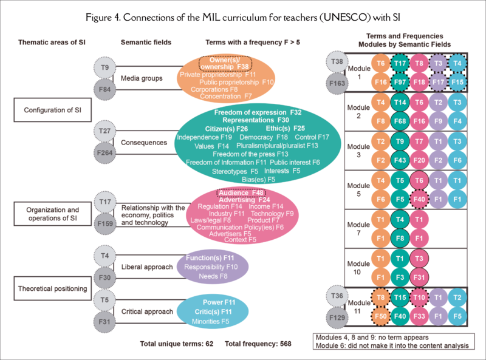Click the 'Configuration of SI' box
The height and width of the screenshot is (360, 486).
(x=48, y=110)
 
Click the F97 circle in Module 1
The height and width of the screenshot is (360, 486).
(x=399, y=81)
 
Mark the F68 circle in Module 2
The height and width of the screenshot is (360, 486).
(x=399, y=120)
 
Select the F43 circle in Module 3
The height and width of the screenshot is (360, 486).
(x=399, y=160)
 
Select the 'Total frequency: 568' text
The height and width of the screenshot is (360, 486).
(x=258, y=344)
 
